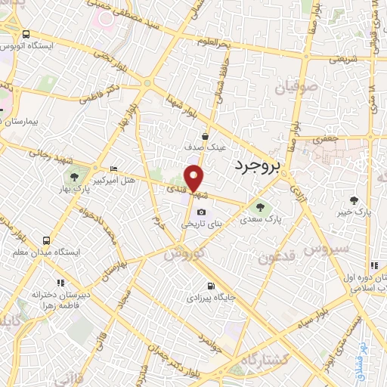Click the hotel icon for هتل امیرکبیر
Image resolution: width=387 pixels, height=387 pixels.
pos(113,169)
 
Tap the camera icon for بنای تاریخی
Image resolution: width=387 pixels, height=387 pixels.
pos(201,211)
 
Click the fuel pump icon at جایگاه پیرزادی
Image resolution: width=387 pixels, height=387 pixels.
pos(209,286)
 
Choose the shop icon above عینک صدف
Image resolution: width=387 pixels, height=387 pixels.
pos(205,137)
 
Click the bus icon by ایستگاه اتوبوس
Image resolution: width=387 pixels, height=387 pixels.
pos(27,35)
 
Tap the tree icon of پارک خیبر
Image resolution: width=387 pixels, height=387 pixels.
pos(354,200)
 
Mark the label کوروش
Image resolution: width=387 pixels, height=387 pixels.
pos(184,254)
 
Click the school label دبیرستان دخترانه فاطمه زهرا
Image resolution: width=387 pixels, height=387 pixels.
pos(59,298)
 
